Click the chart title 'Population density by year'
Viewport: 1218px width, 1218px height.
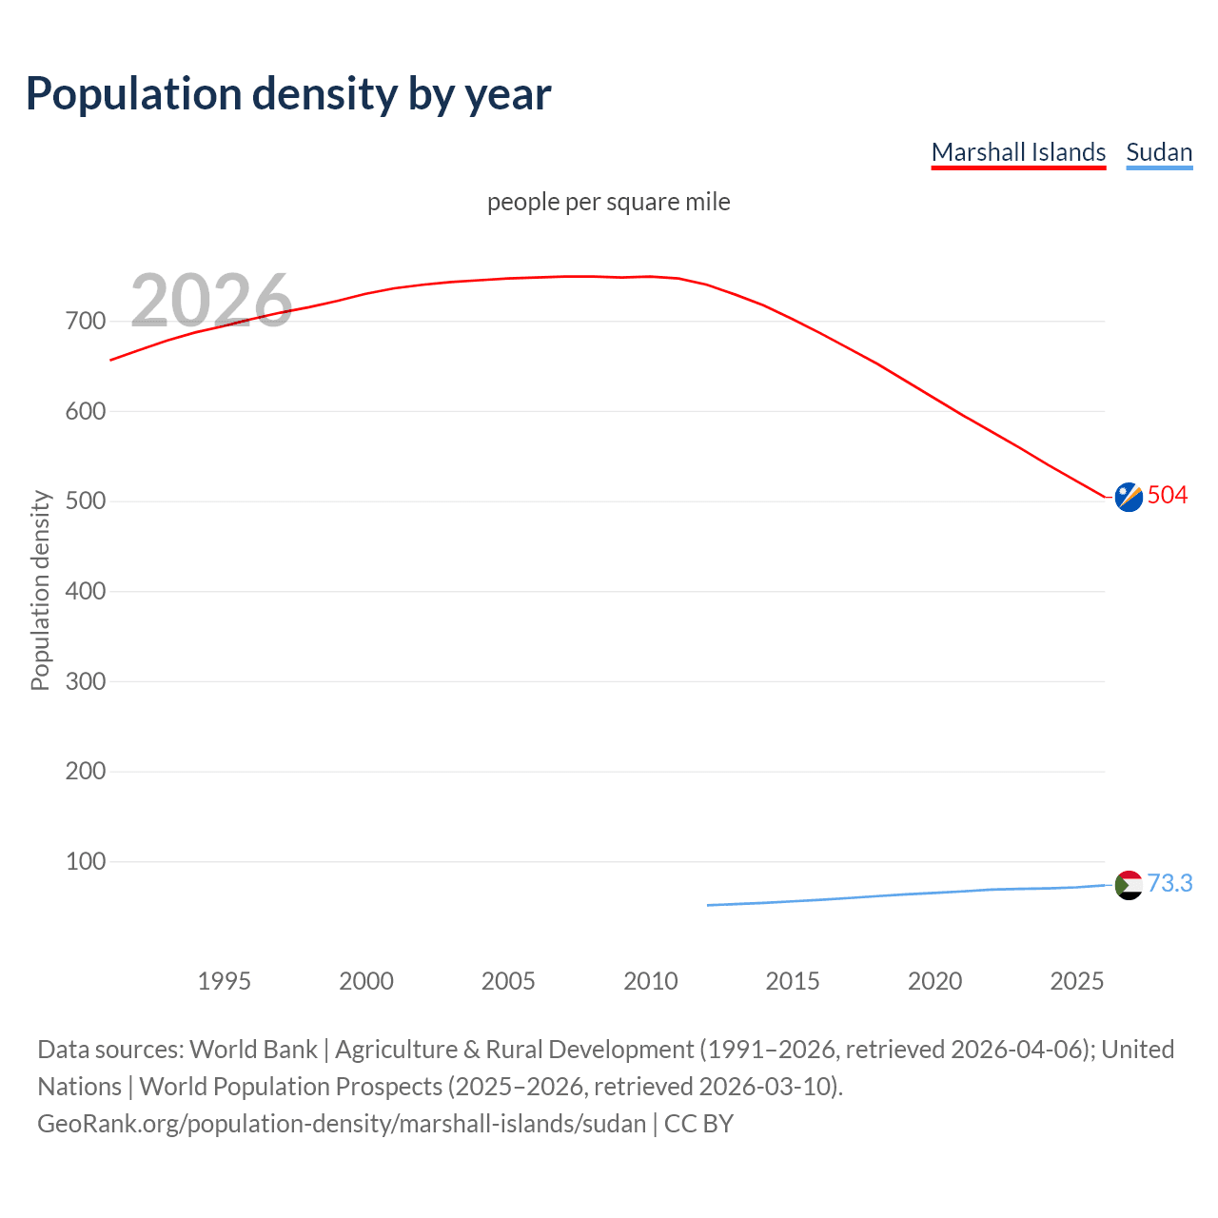coord(288,94)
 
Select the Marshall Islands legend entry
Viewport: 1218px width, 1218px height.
coord(1018,152)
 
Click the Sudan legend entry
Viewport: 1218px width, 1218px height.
coord(1158,152)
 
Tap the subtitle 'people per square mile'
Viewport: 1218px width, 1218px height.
coord(608,202)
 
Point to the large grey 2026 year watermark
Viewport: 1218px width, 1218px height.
coord(211,301)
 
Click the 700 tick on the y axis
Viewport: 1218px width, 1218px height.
coord(86,322)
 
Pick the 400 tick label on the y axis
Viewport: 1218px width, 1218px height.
coord(86,591)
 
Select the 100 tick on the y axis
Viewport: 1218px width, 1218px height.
coord(86,861)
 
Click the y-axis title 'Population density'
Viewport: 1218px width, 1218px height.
coord(40,590)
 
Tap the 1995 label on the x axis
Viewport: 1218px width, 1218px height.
coord(224,981)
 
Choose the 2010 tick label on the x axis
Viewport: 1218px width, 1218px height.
coord(651,981)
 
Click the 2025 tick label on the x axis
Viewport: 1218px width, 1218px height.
coord(1076,981)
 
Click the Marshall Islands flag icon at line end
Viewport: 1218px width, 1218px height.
coord(1129,497)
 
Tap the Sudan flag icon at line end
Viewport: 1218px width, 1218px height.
coord(1129,885)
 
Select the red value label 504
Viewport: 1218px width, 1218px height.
coord(1168,495)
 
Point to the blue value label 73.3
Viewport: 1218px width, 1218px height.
coord(1169,883)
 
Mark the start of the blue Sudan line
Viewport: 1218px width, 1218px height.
coord(709,905)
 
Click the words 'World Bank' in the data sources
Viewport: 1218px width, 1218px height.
coord(253,1050)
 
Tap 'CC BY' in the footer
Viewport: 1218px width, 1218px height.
coord(698,1124)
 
